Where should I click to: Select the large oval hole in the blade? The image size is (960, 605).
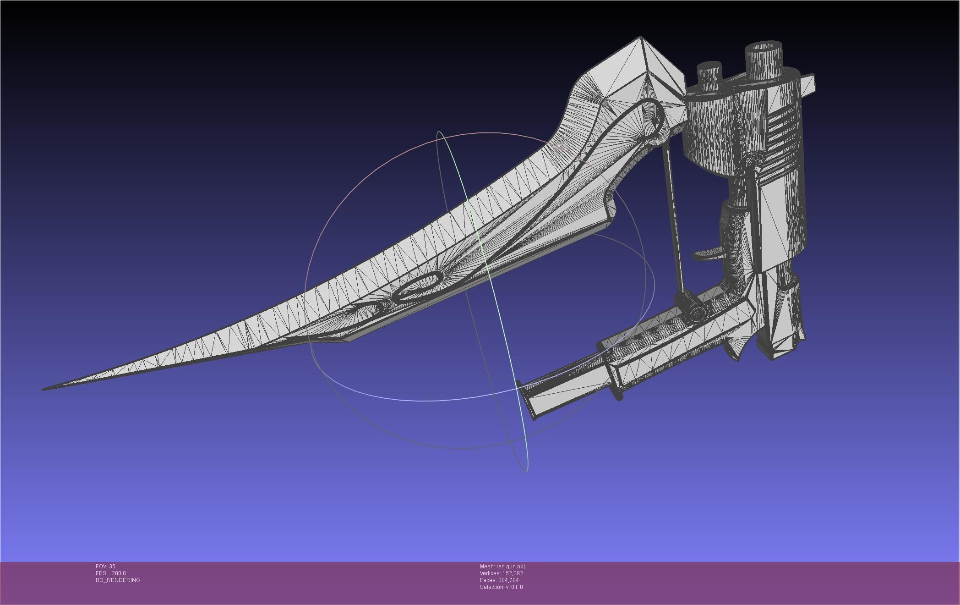coord(418,286)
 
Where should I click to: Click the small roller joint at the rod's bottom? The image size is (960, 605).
coord(696,313)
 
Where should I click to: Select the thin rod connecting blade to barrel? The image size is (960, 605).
coord(673,220)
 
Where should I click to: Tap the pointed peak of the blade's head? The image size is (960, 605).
coord(641,38)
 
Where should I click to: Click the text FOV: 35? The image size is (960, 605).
coord(105,566)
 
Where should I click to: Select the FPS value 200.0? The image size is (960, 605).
coord(119,573)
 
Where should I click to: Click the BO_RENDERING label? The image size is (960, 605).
coord(118,580)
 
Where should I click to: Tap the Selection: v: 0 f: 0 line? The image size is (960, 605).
coord(501,587)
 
